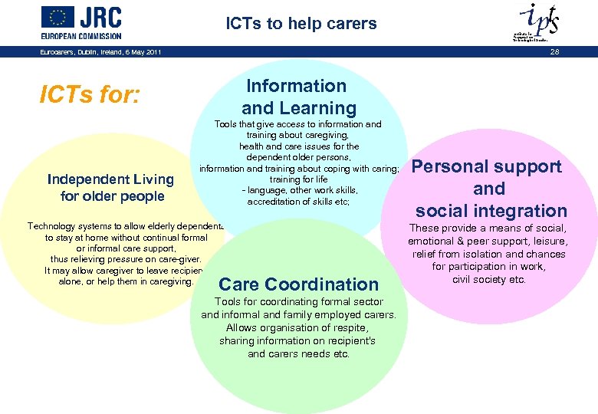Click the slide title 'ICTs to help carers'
[301, 24]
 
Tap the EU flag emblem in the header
[58, 17]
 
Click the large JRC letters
[100, 17]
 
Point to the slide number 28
[555, 51]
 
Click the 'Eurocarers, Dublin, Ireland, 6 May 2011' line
[100, 51]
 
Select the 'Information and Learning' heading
[299, 97]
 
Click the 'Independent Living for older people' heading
[111, 188]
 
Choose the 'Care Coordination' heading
[299, 284]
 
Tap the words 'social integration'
[491, 211]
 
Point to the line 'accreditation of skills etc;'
[298, 202]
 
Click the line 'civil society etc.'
[488, 279]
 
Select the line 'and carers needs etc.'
[298, 354]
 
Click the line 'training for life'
[298, 179]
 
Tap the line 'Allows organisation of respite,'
[298, 328]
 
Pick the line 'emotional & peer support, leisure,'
[488, 241]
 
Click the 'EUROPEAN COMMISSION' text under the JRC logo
[81, 35]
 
